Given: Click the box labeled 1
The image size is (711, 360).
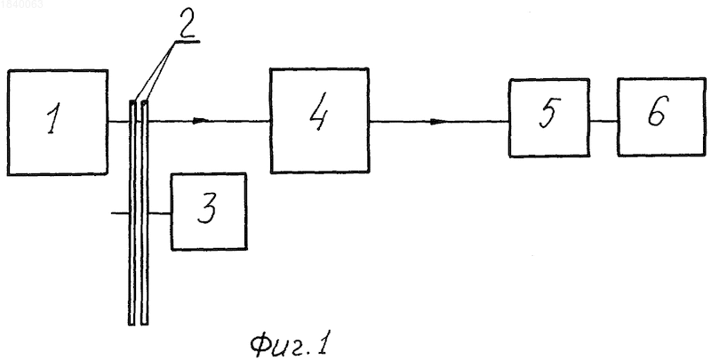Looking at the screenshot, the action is coord(58,122).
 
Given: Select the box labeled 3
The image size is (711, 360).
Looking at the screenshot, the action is coord(209,212).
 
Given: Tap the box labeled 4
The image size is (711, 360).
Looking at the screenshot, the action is coord(320,121).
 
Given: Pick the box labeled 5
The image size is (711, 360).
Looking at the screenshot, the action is coord(549,118).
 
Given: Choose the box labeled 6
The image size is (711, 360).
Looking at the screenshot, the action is coord(661,117).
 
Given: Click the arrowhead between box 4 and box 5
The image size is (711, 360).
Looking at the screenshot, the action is coord(438,121).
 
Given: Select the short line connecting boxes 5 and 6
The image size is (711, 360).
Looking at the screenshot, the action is coord(603,121).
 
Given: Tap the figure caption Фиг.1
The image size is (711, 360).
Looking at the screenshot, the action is coord(290,346).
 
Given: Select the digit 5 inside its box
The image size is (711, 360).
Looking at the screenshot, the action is coord(547,112).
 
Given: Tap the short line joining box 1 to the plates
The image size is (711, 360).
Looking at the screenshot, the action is coord(118,121).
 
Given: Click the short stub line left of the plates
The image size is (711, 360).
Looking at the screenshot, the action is coord(120,212).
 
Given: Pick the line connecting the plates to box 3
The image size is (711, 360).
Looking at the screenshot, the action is coord(160,213).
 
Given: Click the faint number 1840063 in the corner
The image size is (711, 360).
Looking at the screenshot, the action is coord(21,4).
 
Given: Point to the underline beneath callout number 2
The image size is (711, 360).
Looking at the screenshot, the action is coord(186,41).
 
